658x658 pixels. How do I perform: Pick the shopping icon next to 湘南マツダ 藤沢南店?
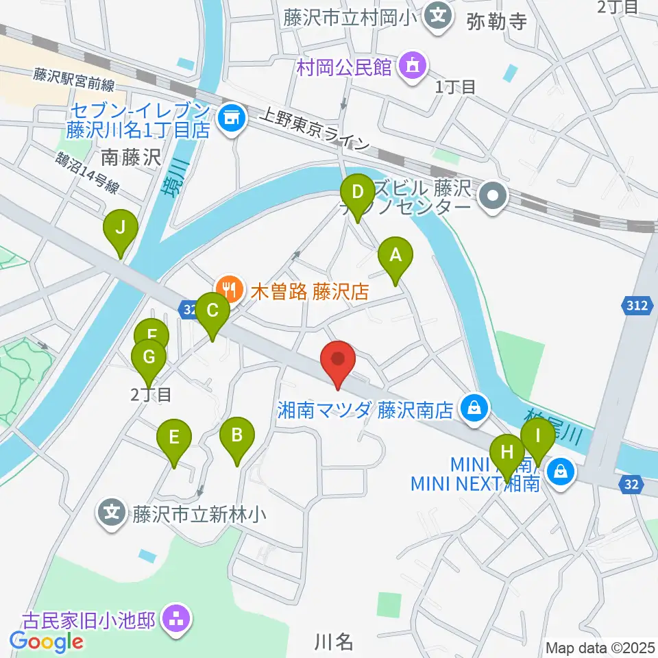(473, 409)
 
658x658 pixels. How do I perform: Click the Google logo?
(46, 642)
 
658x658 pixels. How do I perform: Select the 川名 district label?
(334, 642)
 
